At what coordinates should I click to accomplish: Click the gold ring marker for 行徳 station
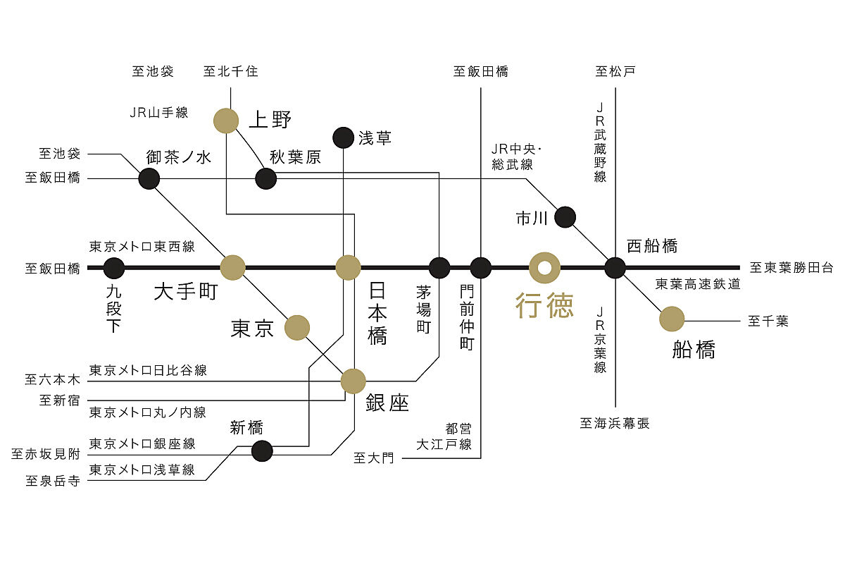pos(544,268)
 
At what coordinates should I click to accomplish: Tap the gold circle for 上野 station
pos(226,121)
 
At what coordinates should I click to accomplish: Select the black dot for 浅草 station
pos(343,138)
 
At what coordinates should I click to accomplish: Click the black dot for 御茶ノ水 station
pos(149,178)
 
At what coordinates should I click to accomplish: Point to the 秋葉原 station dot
pos(265,178)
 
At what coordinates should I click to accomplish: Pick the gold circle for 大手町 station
pos(232,268)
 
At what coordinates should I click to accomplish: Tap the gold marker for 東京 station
pos(297,327)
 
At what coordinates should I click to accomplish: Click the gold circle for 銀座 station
pos(353,381)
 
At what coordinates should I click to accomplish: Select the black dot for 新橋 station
pos(262,450)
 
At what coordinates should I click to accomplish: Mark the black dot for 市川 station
pos(565,217)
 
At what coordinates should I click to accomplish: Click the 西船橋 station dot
pos(615,268)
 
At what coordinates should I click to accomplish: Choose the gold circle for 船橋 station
pos(672,319)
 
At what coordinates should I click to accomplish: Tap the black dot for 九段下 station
pos(114,268)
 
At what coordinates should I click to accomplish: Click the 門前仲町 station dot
pos(481,268)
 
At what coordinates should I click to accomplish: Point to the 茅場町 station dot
pos(439,268)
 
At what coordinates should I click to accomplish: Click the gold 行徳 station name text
pos(544,305)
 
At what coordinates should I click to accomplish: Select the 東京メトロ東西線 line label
pos(142,247)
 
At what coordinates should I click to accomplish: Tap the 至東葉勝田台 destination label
pos(791,268)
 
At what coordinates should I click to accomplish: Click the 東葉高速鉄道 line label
pos(698,284)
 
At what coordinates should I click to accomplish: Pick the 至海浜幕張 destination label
pos(615,424)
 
